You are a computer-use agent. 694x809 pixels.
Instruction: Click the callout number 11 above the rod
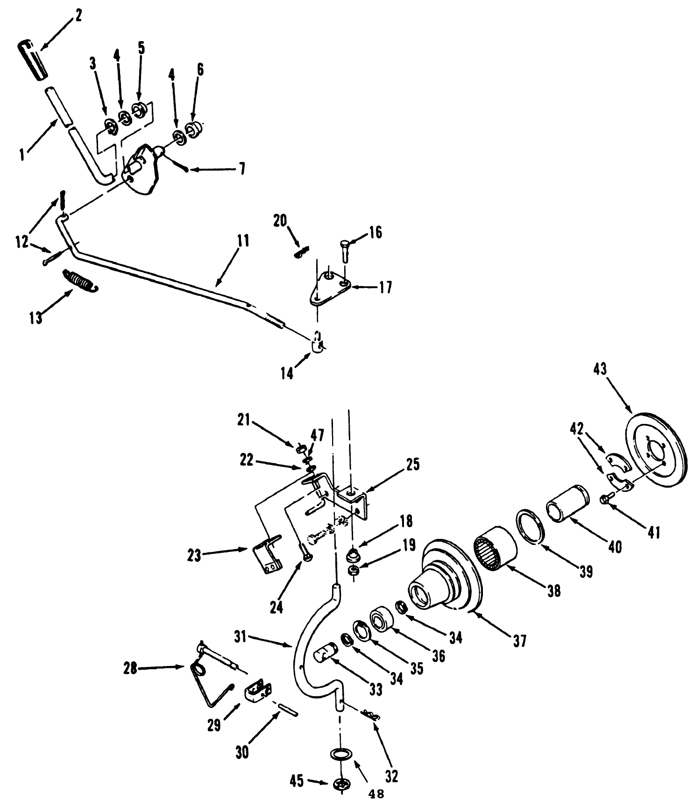tap(243, 241)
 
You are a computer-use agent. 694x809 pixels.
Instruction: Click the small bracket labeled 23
tap(267, 557)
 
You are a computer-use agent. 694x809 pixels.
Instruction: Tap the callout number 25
tap(413, 465)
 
